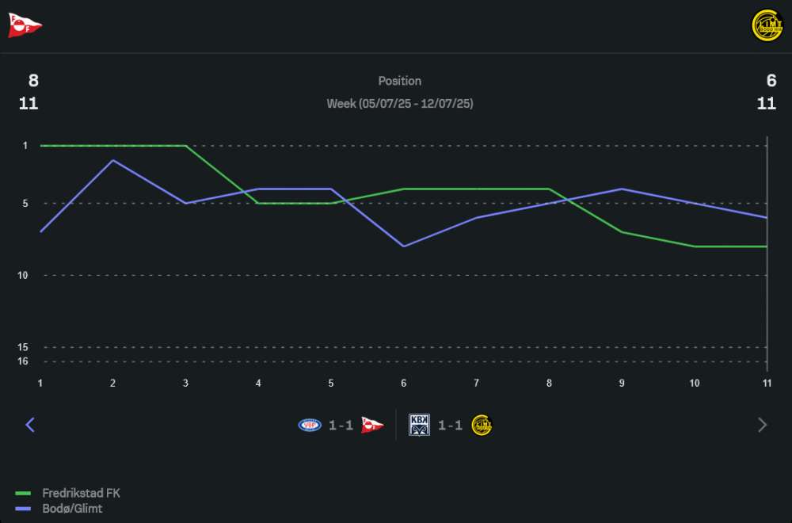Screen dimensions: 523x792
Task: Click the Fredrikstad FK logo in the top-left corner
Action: pyautogui.click(x=25, y=25)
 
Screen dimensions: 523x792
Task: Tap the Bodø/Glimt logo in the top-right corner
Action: pyautogui.click(x=766, y=25)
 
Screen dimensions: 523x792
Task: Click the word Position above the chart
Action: pyautogui.click(x=400, y=81)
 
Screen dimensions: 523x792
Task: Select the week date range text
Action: pyautogui.click(x=400, y=104)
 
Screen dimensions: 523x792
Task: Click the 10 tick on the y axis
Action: pyautogui.click(x=22, y=275)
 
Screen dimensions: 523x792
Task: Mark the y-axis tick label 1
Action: pyautogui.click(x=25, y=146)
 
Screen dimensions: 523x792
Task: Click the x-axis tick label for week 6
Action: pyautogui.click(x=404, y=383)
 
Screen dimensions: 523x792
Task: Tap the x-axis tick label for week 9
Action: pyautogui.click(x=622, y=383)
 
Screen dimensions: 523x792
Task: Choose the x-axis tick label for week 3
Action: pyautogui.click(x=185, y=383)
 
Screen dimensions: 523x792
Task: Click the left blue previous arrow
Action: pyautogui.click(x=30, y=425)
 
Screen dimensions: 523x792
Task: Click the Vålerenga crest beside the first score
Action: pyautogui.click(x=310, y=425)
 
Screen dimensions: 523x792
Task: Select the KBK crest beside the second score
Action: pyautogui.click(x=419, y=425)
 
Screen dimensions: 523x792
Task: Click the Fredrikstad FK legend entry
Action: pyautogui.click(x=81, y=493)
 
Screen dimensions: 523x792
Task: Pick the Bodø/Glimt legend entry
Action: pyautogui.click(x=72, y=509)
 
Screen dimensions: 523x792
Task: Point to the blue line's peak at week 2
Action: pyautogui.click(x=113, y=160)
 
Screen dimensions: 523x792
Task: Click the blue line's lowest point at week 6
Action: pyautogui.click(x=404, y=246)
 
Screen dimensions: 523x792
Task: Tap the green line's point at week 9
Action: pyautogui.click(x=622, y=232)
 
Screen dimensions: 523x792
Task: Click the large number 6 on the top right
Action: pyautogui.click(x=771, y=81)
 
